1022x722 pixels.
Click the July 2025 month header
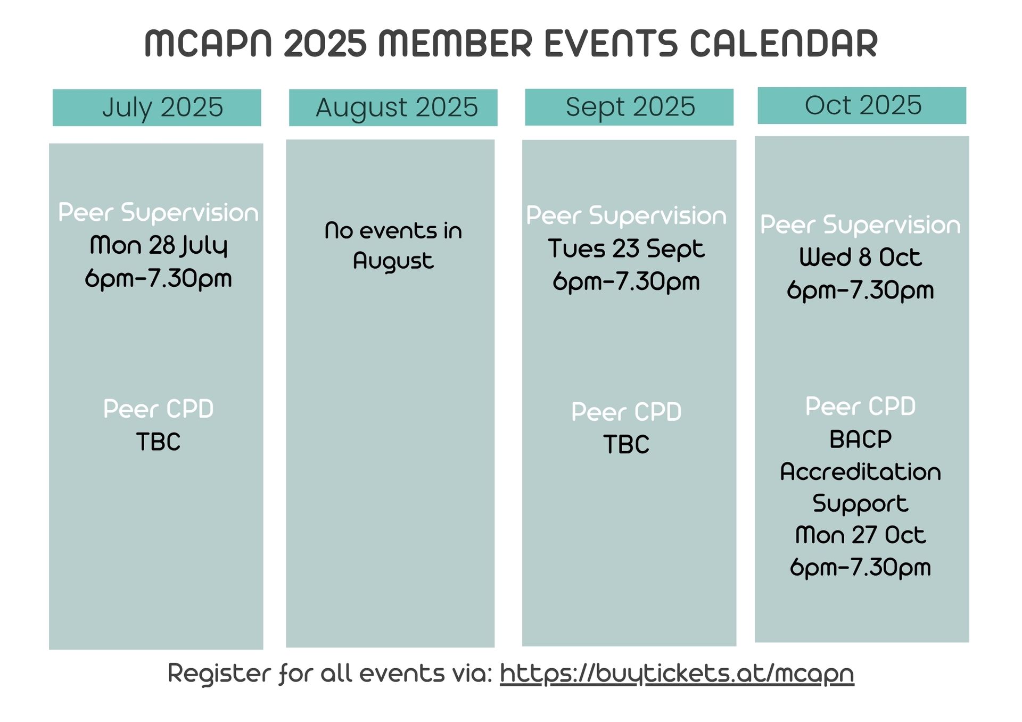pyautogui.click(x=157, y=107)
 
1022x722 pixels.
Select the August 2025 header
pyautogui.click(x=393, y=107)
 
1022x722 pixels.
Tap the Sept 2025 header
pyautogui.click(x=629, y=107)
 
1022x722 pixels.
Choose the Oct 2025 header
pyautogui.click(x=862, y=105)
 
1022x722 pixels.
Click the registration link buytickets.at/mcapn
pyautogui.click(x=677, y=674)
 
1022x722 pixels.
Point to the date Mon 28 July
pyautogui.click(x=159, y=245)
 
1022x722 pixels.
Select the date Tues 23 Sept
pyautogui.click(x=626, y=249)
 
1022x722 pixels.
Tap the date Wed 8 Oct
pyautogui.click(x=860, y=258)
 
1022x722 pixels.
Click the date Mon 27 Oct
pyautogui.click(x=860, y=535)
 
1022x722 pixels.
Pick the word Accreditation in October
pyautogui.click(x=860, y=472)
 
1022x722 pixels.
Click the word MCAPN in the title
pyautogui.click(x=208, y=44)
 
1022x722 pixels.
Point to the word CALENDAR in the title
pyautogui.click(x=784, y=44)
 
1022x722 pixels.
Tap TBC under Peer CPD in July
pyautogui.click(x=158, y=442)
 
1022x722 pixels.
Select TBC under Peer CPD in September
pyautogui.click(x=626, y=445)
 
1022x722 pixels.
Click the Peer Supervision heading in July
pyautogui.click(x=158, y=213)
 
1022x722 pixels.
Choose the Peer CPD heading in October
pyautogui.click(x=860, y=406)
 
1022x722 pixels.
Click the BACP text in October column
pyautogui.click(x=860, y=439)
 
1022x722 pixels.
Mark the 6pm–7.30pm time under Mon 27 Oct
pyautogui.click(x=860, y=568)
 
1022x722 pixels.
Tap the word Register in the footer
pyautogui.click(x=220, y=673)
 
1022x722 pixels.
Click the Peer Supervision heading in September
pyautogui.click(x=626, y=216)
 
